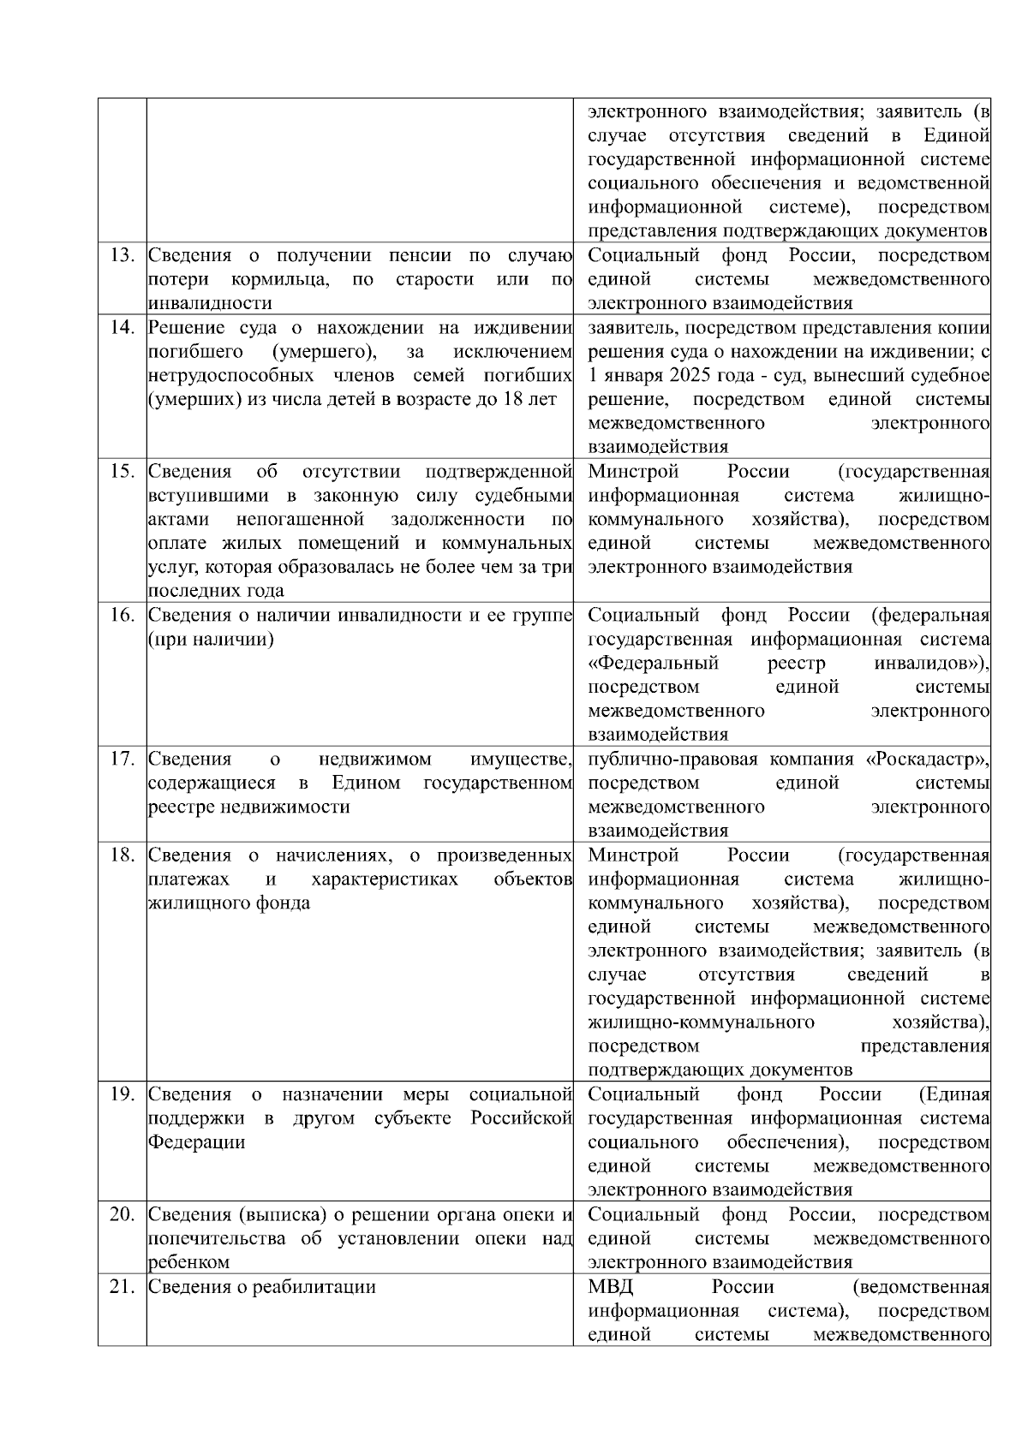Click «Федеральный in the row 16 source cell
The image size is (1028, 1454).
click(x=654, y=664)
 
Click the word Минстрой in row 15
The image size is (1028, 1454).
click(x=633, y=472)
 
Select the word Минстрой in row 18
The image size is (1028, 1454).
click(x=633, y=855)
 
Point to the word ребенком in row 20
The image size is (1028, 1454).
click(x=188, y=1263)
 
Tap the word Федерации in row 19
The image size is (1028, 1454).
click(x=196, y=1143)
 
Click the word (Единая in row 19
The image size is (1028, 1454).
click(x=953, y=1095)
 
